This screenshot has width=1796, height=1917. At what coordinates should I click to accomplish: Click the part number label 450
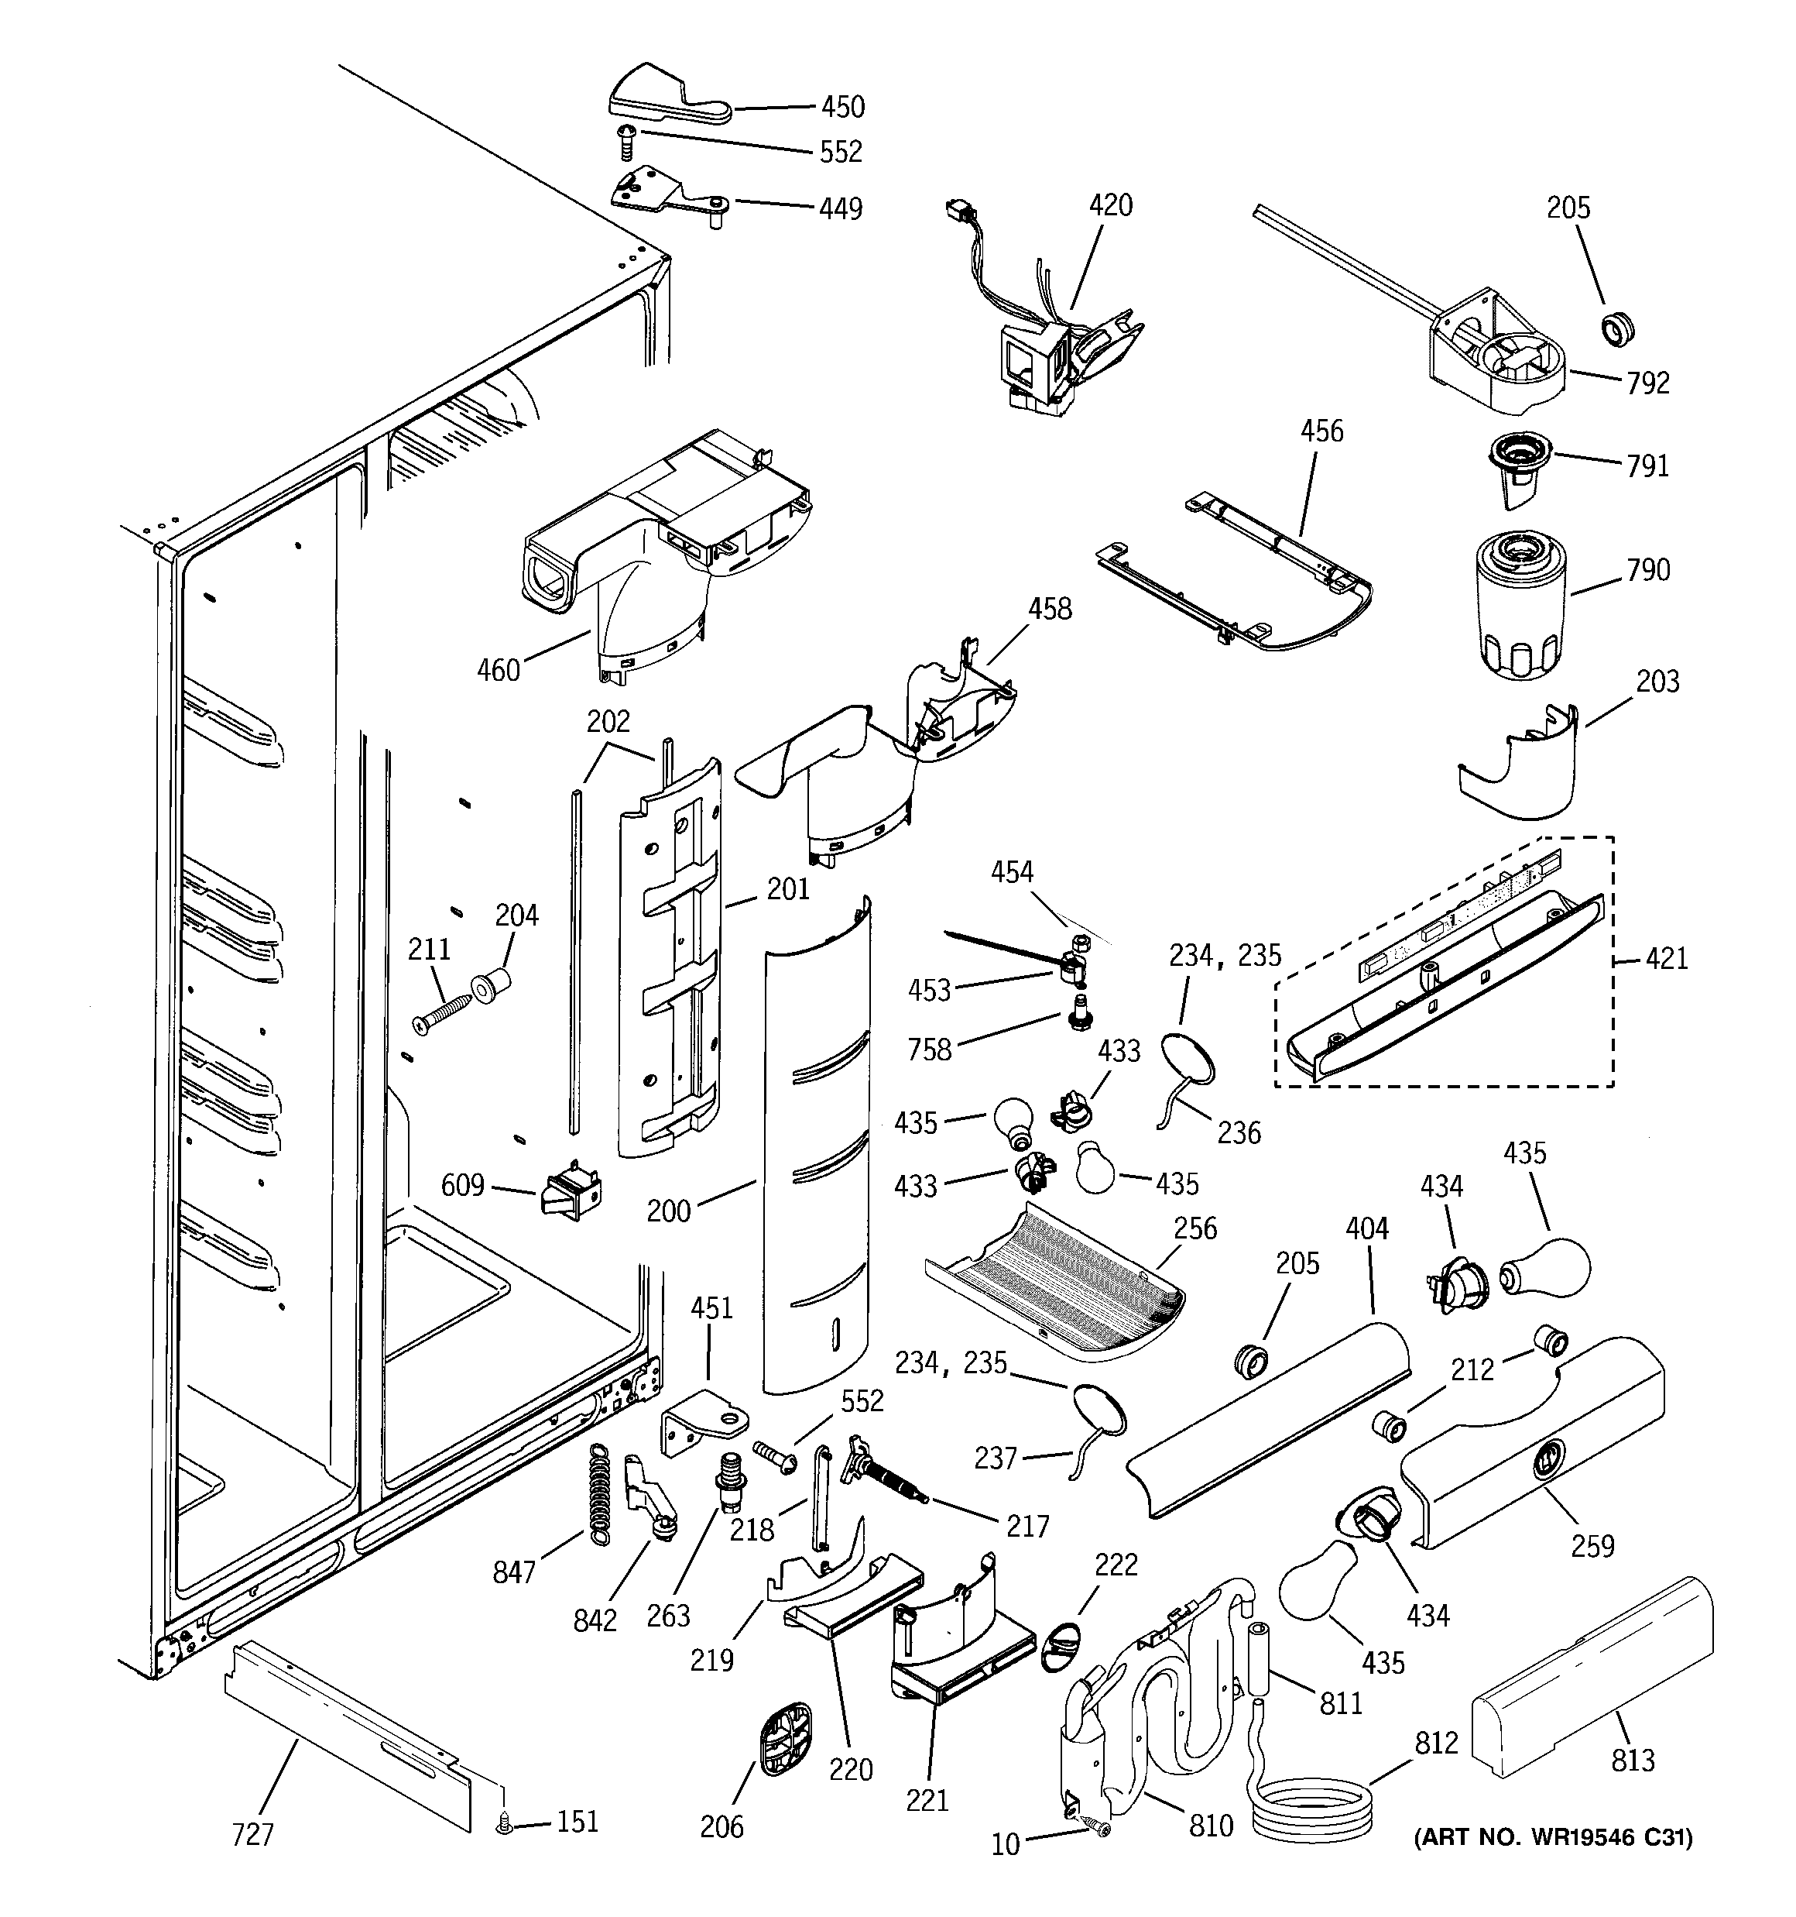click(841, 106)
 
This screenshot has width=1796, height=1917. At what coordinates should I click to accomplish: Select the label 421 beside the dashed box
click(1667, 959)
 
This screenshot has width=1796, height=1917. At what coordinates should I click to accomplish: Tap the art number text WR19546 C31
click(1552, 1865)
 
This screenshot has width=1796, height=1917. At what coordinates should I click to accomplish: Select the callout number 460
click(499, 669)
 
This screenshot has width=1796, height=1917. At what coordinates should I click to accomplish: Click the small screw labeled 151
click(502, 1822)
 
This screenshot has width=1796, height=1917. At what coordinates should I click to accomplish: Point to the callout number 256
click(1194, 1228)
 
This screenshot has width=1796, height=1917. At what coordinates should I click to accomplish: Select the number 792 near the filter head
click(1647, 383)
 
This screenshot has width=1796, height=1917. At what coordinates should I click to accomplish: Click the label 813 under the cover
click(1632, 1760)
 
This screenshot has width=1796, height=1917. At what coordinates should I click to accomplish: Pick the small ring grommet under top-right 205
click(1616, 330)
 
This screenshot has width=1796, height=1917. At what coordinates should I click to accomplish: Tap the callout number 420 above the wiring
click(1111, 205)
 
